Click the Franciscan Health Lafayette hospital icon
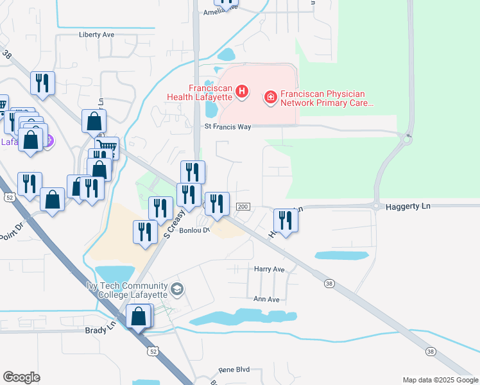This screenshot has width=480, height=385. [x=242, y=92]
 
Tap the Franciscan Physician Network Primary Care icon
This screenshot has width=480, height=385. [x=271, y=98]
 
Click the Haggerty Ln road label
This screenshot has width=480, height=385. [x=407, y=207]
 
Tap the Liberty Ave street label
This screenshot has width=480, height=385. [x=96, y=35]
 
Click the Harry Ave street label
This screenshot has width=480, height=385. [x=269, y=269]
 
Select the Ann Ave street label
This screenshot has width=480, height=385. [x=267, y=299]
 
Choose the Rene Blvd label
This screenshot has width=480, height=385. [x=234, y=370]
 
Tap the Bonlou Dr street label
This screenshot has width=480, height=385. [x=194, y=230]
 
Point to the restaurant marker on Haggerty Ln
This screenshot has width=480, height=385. [x=286, y=220]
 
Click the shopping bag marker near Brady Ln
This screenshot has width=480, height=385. [x=138, y=316]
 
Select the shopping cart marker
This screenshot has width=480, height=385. [x=108, y=149]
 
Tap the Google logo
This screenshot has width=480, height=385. [x=21, y=377]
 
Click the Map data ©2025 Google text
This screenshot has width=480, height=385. [x=440, y=380]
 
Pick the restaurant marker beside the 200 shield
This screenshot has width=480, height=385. [x=216, y=205]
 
